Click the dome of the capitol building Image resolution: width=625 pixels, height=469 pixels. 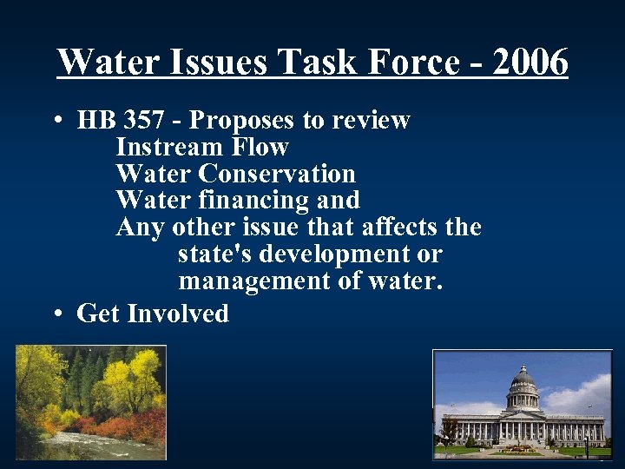(x=523, y=382)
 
